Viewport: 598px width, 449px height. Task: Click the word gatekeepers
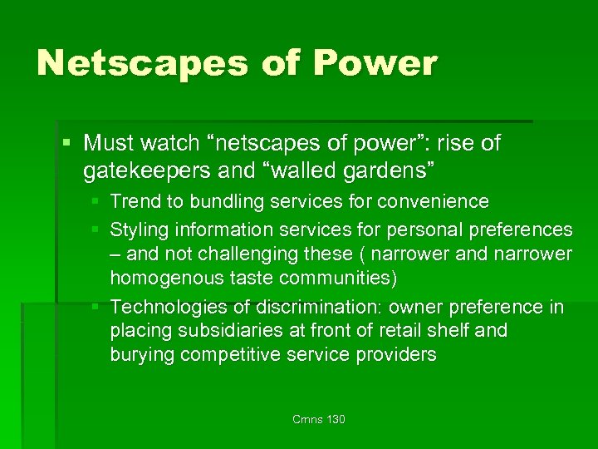click(x=146, y=172)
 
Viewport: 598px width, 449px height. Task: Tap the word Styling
click(x=139, y=229)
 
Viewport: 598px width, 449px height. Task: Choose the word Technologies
click(x=164, y=308)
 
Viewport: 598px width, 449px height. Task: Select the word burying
click(x=140, y=355)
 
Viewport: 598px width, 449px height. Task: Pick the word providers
click(x=394, y=355)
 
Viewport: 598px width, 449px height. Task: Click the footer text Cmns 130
click(x=318, y=419)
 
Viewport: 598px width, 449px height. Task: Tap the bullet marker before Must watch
click(x=68, y=144)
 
